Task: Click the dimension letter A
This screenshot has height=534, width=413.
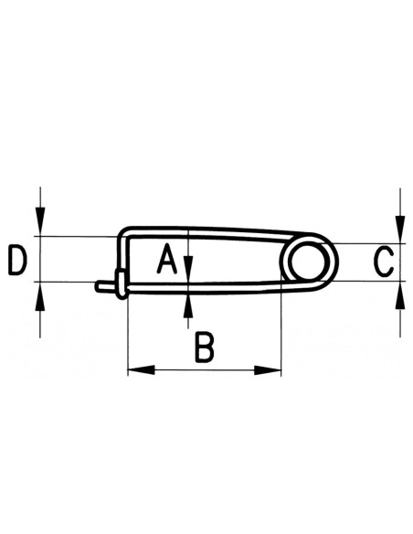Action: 165,260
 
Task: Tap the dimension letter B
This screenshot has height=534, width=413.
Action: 205,348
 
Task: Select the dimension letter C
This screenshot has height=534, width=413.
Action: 385,262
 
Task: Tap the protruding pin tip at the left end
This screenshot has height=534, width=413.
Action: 102,286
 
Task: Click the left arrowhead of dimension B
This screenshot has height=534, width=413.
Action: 135,370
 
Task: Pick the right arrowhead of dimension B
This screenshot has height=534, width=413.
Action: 271,370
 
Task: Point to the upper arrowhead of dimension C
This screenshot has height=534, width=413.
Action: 399,229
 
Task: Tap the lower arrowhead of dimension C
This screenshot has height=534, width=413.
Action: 399,294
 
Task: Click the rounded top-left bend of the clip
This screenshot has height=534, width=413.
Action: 126,231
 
